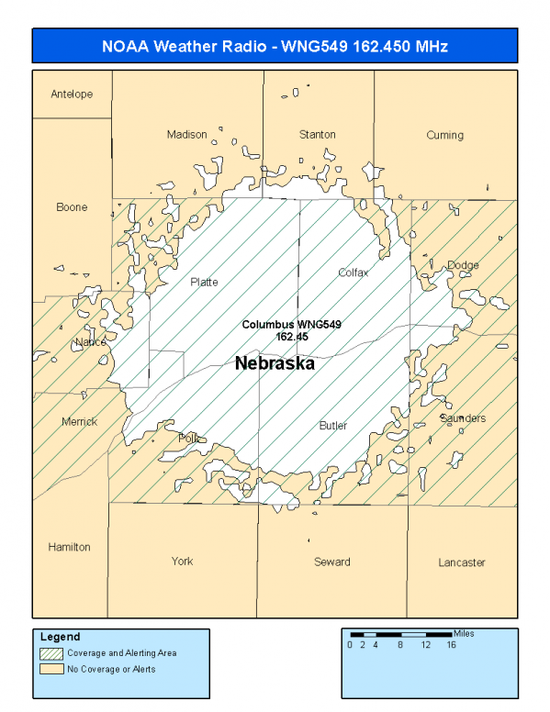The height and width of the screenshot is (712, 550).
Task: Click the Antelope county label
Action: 72,95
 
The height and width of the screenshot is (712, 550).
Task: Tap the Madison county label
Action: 186,135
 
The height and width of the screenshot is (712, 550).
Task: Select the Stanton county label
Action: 317,135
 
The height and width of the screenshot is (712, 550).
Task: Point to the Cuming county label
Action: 444,135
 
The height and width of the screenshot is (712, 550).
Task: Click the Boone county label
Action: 72,207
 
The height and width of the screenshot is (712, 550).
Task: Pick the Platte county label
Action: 204,282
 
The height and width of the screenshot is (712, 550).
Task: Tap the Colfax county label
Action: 353,273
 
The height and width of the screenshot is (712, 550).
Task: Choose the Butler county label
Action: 332,426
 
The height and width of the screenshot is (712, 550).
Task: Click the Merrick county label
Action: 79,422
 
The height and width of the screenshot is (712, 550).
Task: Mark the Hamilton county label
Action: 70,547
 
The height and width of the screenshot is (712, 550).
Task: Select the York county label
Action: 182,562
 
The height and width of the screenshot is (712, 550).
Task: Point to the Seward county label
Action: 331,562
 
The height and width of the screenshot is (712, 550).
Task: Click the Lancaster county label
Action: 461,562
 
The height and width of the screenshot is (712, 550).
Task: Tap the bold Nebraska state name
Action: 275,363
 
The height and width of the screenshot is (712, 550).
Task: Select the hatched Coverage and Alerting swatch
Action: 51,653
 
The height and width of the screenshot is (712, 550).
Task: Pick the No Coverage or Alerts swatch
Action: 51,669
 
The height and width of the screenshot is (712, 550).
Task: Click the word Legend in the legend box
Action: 60,637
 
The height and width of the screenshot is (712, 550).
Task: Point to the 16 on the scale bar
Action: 451,645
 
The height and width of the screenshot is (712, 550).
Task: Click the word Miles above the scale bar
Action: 464,633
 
